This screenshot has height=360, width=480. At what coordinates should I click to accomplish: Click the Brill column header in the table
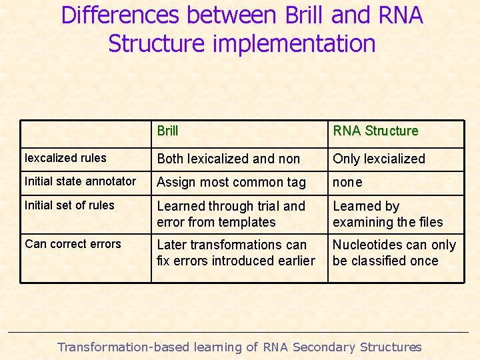click(167, 131)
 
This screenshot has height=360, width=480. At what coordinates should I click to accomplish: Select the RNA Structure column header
click(375, 131)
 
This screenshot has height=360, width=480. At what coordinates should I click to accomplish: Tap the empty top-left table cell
click(85, 133)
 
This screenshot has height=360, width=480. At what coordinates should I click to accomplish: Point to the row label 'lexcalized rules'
click(65, 158)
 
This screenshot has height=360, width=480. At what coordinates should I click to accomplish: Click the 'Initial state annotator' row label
click(80, 181)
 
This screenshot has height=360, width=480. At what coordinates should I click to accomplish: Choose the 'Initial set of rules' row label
click(69, 205)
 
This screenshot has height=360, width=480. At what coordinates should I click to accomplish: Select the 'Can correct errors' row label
click(73, 244)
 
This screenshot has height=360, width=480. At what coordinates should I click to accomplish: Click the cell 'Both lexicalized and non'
click(228, 159)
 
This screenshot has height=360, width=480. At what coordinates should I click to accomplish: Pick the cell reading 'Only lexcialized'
click(379, 159)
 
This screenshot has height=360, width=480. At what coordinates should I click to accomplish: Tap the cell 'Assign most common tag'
click(231, 182)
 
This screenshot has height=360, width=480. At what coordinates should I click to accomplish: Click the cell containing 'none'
click(347, 182)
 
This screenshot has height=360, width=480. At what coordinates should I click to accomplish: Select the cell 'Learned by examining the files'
click(387, 214)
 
